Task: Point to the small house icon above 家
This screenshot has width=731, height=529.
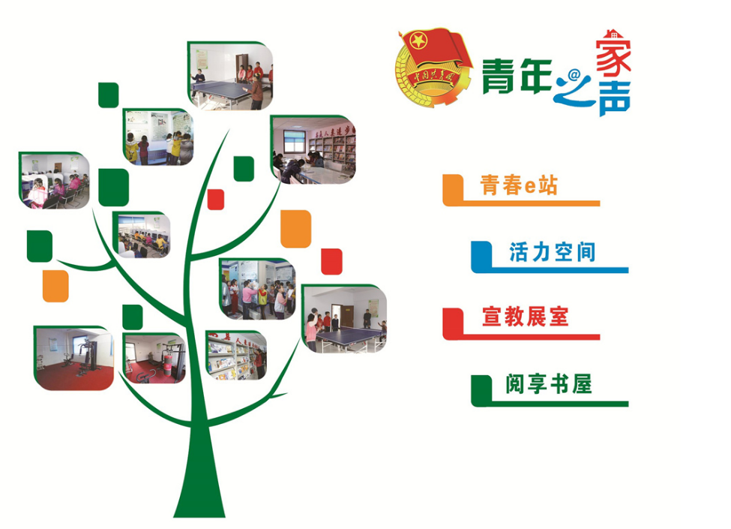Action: coord(611,33)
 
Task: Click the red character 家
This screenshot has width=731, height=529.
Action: coord(613,56)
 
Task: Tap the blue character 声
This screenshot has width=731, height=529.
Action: coord(614,99)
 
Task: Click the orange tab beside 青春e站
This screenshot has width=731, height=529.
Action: coord(452,189)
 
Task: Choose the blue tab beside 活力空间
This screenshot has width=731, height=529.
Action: coord(481,256)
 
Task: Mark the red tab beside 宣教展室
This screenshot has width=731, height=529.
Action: coord(452,321)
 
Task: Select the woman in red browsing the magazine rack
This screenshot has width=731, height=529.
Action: coord(259,362)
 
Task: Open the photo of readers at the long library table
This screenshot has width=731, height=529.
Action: coord(313,150)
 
